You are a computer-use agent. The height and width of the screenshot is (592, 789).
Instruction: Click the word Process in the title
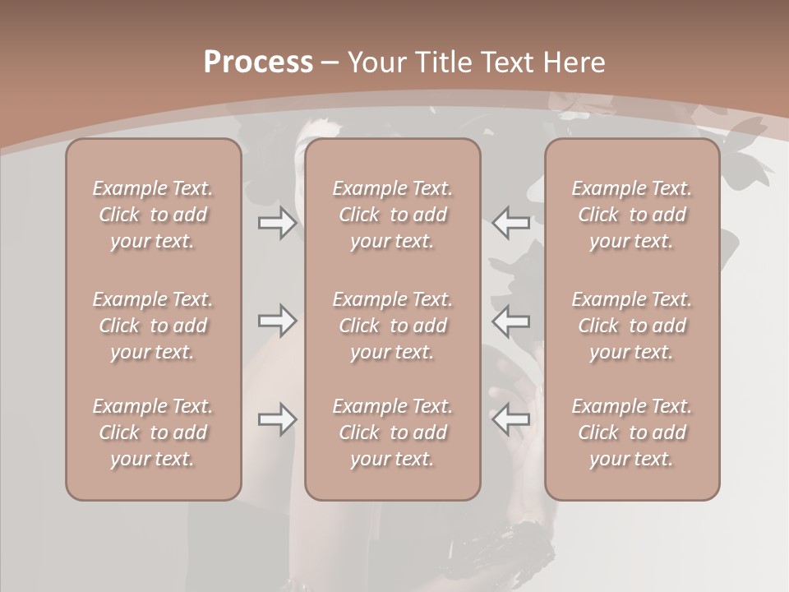click(x=258, y=62)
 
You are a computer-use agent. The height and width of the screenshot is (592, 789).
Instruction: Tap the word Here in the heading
click(x=574, y=62)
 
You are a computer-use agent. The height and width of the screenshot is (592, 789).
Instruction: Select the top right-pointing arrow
click(x=277, y=222)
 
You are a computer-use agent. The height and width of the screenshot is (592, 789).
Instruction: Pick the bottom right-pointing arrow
click(x=277, y=419)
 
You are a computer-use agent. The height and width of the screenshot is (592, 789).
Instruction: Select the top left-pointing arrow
click(x=511, y=222)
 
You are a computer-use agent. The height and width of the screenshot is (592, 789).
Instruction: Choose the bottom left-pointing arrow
click(x=511, y=419)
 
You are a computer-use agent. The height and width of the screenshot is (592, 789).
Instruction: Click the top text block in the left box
click(x=153, y=215)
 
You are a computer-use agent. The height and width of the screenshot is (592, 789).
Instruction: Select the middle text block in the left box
click(x=153, y=326)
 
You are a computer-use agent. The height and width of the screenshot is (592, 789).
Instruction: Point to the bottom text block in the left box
click(x=153, y=432)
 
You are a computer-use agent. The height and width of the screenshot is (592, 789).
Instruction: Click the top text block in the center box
click(x=392, y=215)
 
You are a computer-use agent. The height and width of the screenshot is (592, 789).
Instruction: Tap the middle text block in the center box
click(x=392, y=326)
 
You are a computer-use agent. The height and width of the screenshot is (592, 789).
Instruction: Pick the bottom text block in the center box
click(x=392, y=432)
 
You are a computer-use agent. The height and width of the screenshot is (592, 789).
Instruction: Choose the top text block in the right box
click(x=632, y=215)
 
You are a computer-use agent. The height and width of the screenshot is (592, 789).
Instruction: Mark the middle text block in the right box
click(x=632, y=326)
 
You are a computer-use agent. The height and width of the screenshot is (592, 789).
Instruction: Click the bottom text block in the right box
click(x=632, y=432)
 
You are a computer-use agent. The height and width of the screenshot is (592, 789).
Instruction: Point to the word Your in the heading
click(x=376, y=62)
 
